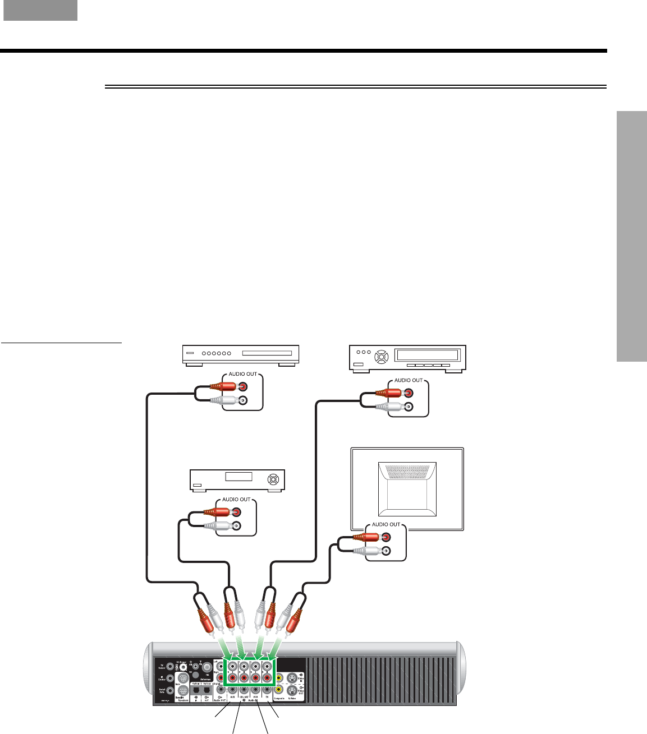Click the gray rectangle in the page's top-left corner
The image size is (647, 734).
(x=40, y=10)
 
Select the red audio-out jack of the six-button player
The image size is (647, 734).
(x=242, y=386)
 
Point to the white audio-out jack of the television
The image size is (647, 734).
(x=386, y=551)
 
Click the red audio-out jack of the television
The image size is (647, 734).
(x=386, y=537)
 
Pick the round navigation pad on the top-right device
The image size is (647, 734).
(x=381, y=356)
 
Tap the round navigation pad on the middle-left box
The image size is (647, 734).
(x=273, y=479)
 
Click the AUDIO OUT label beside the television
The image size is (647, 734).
(x=386, y=525)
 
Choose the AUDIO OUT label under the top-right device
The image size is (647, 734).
(x=408, y=380)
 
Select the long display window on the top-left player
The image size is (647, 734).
(x=267, y=353)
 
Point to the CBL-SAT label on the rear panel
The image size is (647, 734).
(x=244, y=697)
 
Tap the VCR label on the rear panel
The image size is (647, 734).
(x=255, y=697)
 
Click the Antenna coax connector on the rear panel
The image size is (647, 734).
(x=207, y=667)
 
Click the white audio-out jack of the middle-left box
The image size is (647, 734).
(x=236, y=526)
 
